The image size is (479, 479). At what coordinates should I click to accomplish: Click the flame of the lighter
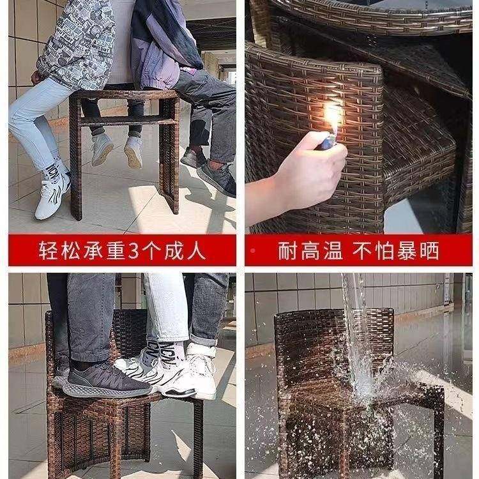332,118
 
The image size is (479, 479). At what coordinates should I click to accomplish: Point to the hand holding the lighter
307,176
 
